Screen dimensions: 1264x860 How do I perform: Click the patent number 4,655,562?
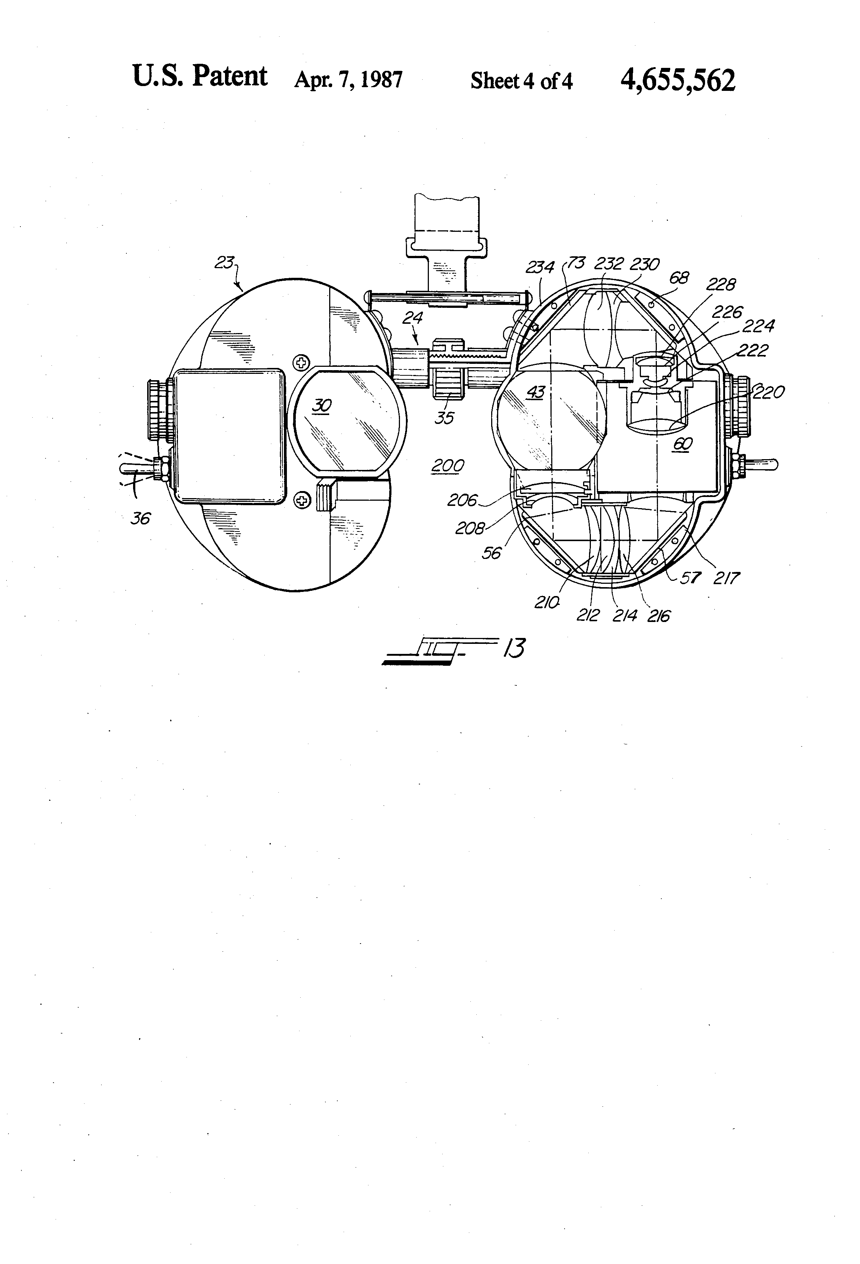click(677, 80)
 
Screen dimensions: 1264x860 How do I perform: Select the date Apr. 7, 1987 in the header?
click(348, 80)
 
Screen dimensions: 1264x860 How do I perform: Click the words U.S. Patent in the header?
click(199, 76)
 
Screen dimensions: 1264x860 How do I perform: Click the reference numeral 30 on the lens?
click(322, 405)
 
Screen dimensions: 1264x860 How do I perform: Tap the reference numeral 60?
click(683, 444)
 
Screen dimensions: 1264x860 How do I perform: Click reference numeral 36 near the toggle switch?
click(140, 519)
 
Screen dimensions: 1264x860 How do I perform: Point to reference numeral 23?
click(224, 263)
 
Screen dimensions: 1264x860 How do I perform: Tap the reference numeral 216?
click(658, 616)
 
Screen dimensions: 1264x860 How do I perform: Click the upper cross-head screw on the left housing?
click(301, 362)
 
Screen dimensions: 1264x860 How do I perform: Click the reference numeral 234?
click(539, 267)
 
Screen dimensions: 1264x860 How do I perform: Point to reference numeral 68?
click(678, 279)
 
